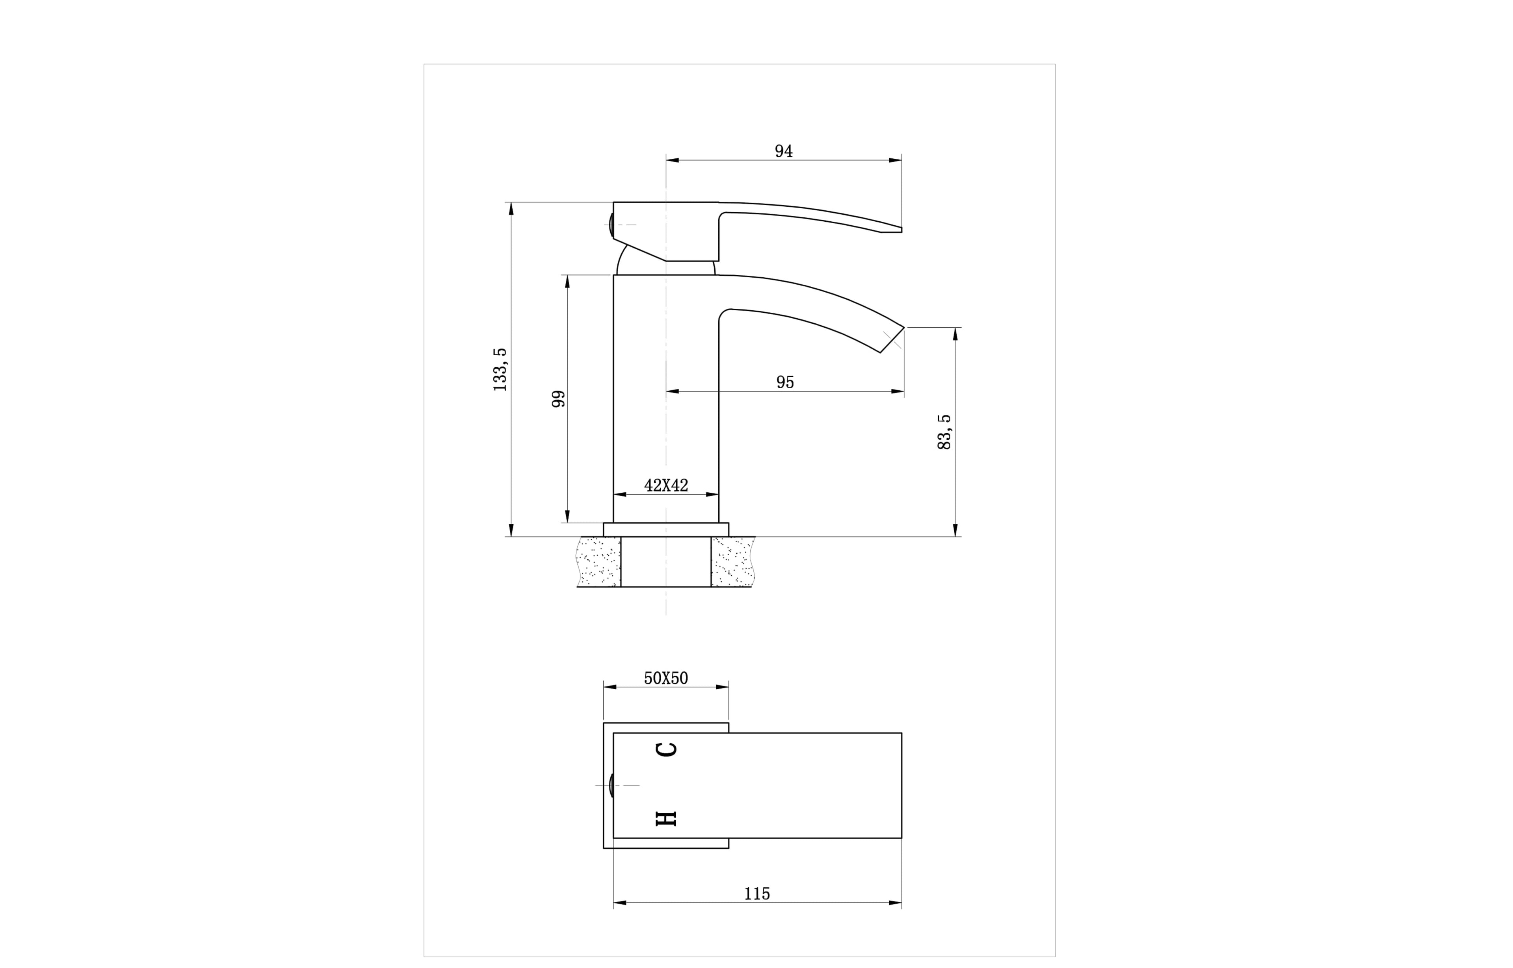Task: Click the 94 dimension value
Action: pyautogui.click(x=784, y=151)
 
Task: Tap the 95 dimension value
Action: pyautogui.click(x=785, y=382)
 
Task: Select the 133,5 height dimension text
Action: pyautogui.click(x=500, y=370)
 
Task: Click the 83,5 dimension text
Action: pyautogui.click(x=944, y=432)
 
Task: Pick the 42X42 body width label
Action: pyautogui.click(x=666, y=485)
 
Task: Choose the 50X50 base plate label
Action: pyautogui.click(x=666, y=678)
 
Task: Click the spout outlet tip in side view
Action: pyautogui.click(x=892, y=340)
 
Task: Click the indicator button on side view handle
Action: pyautogui.click(x=611, y=225)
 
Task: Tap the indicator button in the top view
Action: pyautogui.click(x=611, y=786)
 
